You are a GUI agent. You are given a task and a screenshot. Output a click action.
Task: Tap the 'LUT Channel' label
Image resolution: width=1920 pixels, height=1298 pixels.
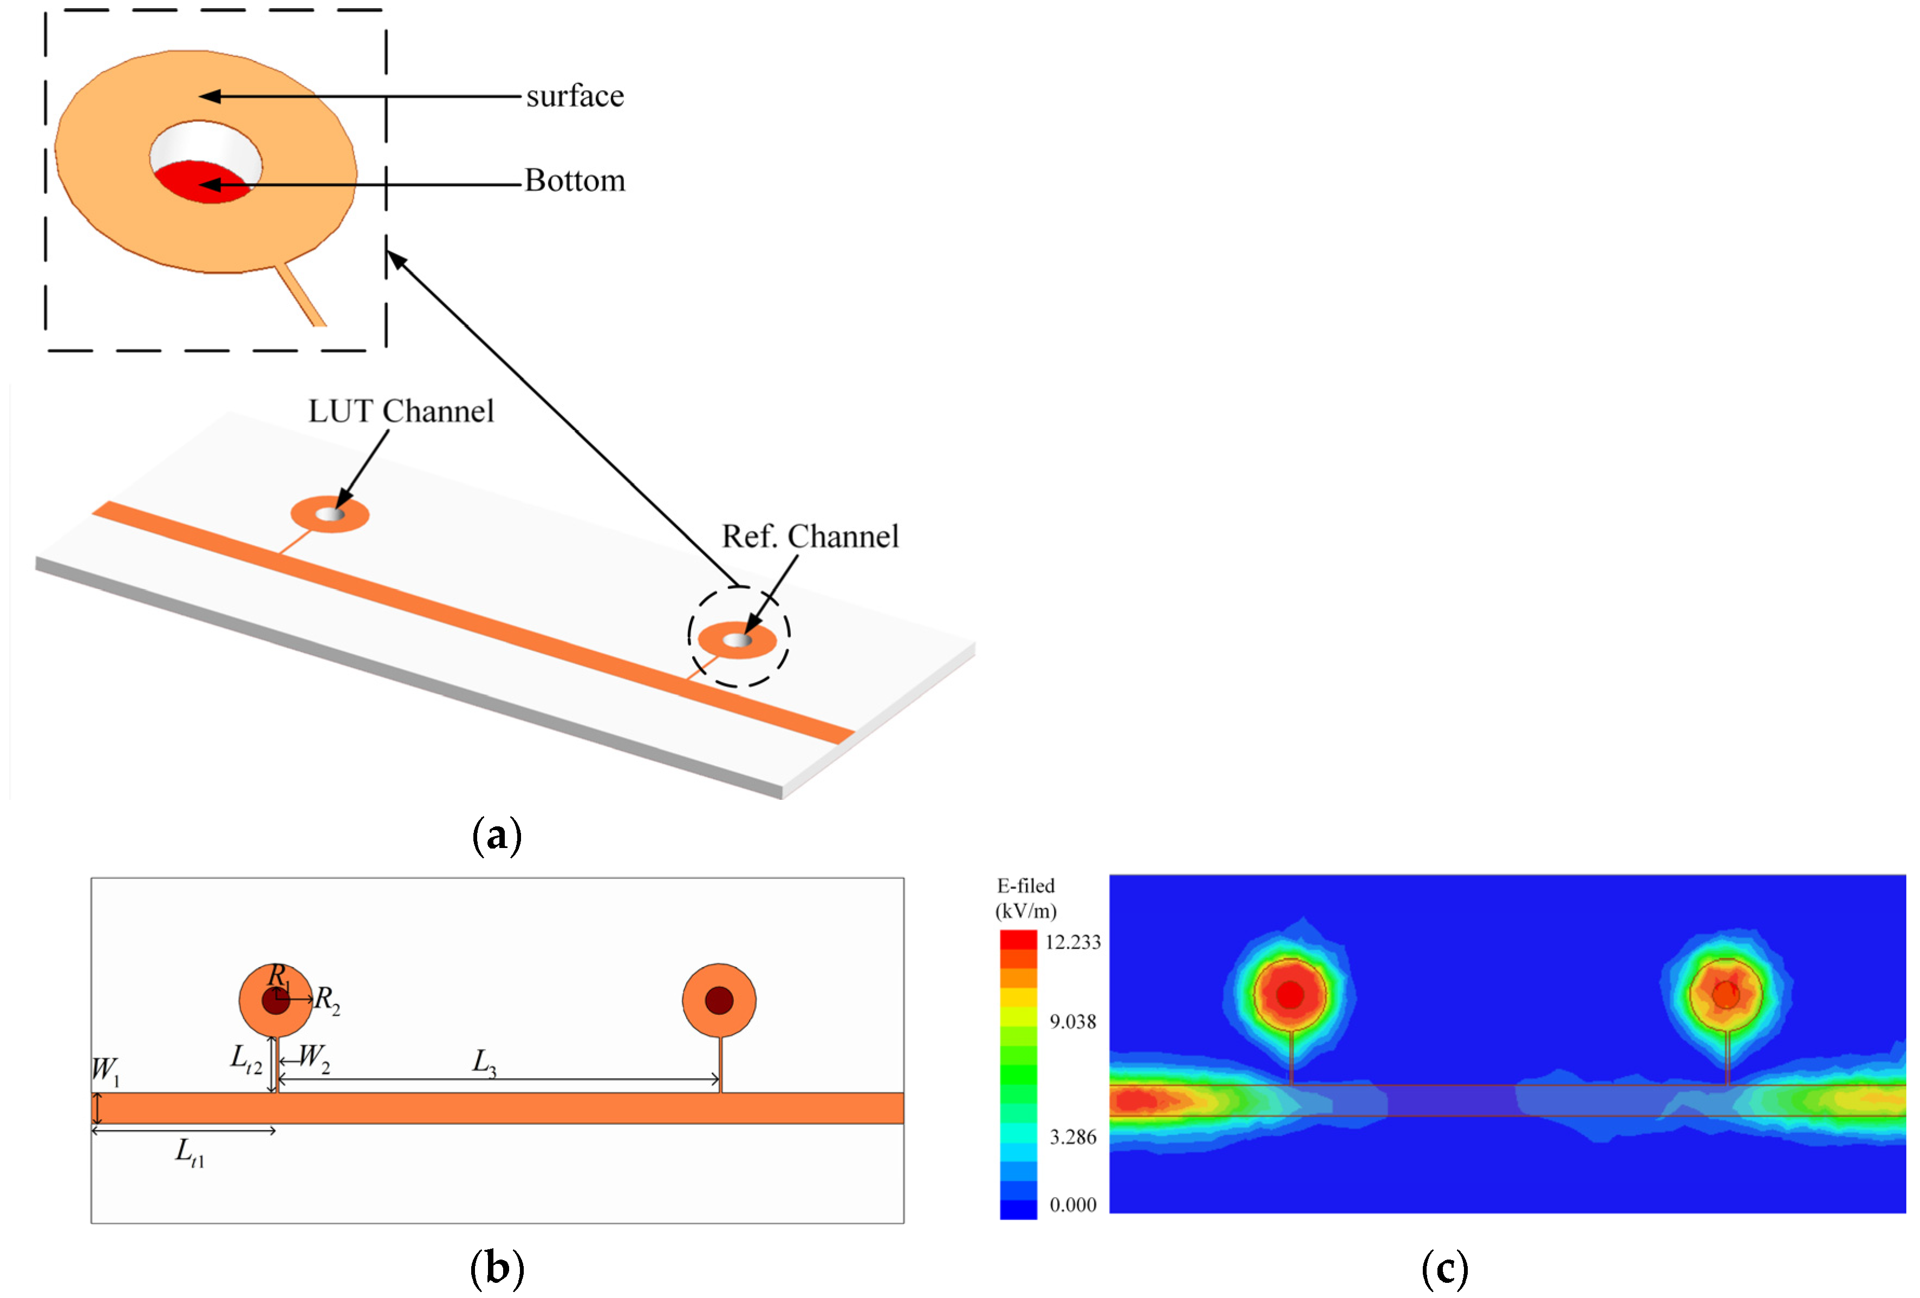pyautogui.click(x=401, y=412)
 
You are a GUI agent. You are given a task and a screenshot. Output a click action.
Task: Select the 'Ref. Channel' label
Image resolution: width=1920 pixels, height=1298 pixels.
pyautogui.click(x=810, y=537)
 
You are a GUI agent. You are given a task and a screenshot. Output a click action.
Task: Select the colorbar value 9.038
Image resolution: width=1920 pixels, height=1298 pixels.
pyautogui.click(x=1072, y=1022)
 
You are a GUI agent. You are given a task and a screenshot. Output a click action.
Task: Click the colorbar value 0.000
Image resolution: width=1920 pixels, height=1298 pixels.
pyautogui.click(x=1072, y=1205)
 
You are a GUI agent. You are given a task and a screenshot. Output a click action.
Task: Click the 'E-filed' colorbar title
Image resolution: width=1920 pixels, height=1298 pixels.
pyautogui.click(x=1025, y=886)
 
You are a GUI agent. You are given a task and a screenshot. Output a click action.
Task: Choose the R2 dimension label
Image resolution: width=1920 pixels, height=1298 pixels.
pyautogui.click(x=327, y=1001)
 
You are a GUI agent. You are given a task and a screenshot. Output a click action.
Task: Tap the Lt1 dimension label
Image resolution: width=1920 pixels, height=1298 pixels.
pyautogui.click(x=189, y=1152)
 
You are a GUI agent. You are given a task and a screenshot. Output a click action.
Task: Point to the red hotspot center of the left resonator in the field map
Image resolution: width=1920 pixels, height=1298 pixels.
pyautogui.click(x=1290, y=995)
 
